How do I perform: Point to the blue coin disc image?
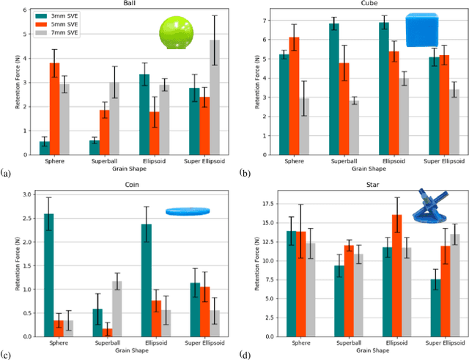click(188, 212)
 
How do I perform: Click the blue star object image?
click(433, 205)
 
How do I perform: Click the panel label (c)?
click(6, 357)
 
